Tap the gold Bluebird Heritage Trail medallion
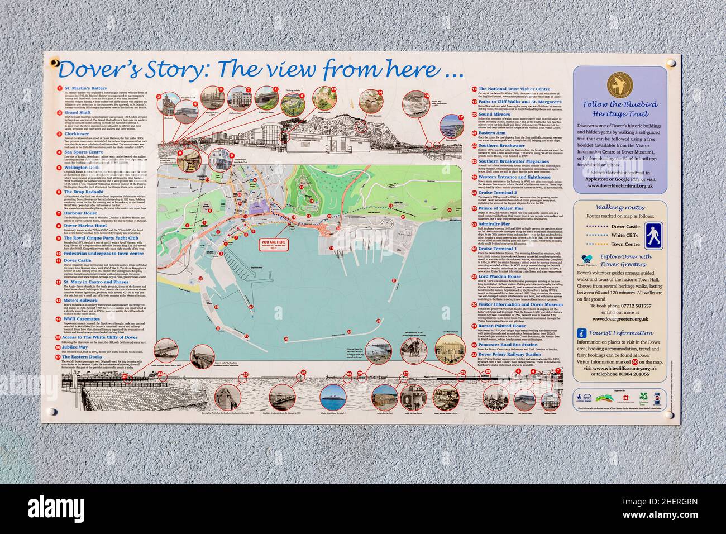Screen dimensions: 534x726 620,83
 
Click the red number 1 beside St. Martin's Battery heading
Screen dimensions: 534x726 59,88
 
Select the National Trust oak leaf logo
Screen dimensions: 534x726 643,399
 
